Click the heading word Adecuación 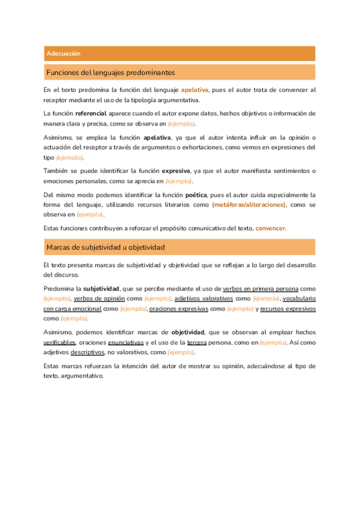tap(64, 54)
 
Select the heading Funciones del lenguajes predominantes tap(110, 73)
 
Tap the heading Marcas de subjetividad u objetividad tap(106, 247)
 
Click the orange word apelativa tap(194, 90)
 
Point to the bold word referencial tap(91, 113)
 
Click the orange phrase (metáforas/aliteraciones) tap(249, 205)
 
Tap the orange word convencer tap(271, 228)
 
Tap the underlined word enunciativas tap(126, 342)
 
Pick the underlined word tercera tap(197, 342)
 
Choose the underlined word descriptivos tap(88, 352)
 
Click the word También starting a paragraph tap(57, 171)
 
